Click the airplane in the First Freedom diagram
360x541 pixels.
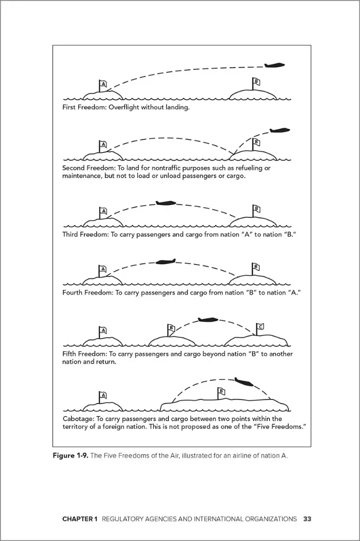(274, 66)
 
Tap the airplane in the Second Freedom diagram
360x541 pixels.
(279, 130)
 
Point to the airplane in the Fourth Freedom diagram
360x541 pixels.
(165, 262)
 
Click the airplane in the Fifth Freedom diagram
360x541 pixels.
(207, 320)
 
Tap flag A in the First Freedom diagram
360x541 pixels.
(103, 85)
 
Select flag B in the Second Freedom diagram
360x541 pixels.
(256, 142)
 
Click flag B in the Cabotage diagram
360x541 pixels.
(221, 391)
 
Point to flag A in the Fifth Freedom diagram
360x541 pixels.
(103, 331)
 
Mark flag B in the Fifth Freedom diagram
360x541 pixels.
(171, 328)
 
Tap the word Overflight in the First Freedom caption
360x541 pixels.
(119, 107)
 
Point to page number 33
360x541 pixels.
(307, 519)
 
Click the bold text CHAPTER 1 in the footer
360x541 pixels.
(80, 519)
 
